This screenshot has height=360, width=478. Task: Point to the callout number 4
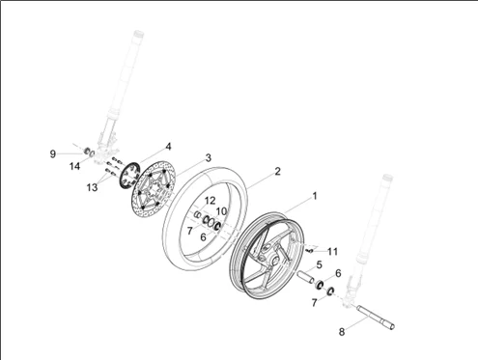[x=168, y=146]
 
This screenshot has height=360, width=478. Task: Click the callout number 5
[x=318, y=263]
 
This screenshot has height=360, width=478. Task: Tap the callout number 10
[x=221, y=210]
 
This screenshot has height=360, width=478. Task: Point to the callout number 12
[x=210, y=200]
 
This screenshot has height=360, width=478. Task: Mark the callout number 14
[x=100, y=166]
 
